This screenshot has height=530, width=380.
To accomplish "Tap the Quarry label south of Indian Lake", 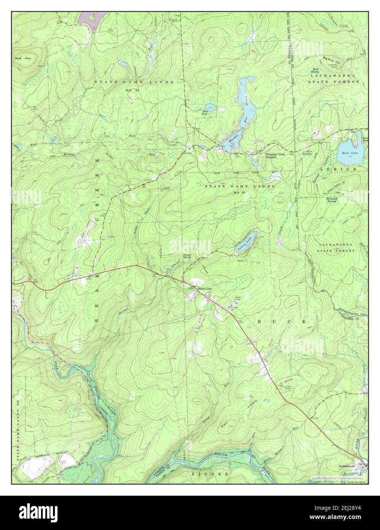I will [240, 261].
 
